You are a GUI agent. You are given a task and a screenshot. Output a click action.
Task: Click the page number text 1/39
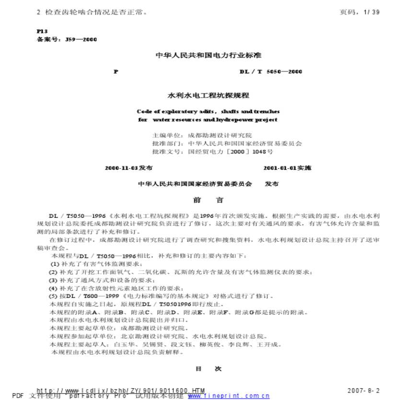pos(371,12)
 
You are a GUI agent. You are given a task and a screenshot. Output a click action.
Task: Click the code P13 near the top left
pos(42,31)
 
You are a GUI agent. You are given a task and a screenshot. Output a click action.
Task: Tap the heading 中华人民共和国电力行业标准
pos(208,55)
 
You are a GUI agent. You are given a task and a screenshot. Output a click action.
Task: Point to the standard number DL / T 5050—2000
pos(271,71)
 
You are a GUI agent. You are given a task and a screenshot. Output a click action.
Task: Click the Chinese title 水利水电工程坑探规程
pos(208,95)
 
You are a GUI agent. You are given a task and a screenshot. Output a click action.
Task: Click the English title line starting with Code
pos(208,111)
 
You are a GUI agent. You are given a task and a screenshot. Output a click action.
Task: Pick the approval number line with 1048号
pos(212,152)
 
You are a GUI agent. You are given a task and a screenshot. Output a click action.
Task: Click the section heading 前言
pos(208,200)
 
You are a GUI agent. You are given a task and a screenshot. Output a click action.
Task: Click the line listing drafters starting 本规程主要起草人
pos(166,344)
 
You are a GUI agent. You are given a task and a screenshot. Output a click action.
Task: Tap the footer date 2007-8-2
pos(363,391)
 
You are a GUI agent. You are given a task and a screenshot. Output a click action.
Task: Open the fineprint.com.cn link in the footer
pos(229,396)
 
